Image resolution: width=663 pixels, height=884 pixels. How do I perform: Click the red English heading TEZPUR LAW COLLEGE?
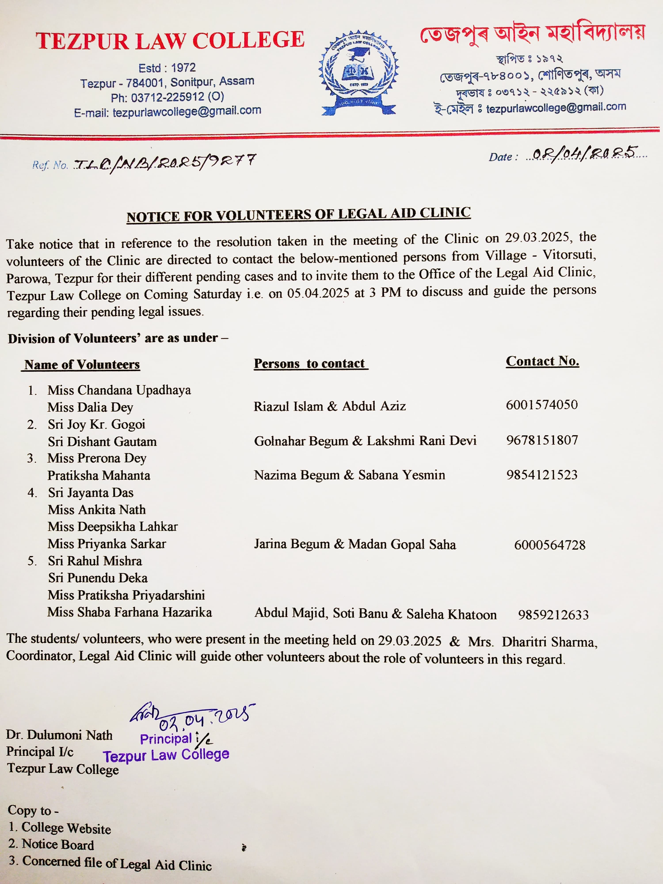point(170,40)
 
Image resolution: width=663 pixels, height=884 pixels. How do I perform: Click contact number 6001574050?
point(541,405)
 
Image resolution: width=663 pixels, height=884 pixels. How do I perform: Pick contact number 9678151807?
point(542,440)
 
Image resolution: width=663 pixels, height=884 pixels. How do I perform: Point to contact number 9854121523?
point(542,475)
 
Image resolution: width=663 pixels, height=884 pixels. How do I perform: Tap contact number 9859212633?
point(553,615)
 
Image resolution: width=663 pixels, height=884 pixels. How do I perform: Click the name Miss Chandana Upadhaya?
point(119,390)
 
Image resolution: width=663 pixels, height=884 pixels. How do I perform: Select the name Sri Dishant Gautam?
point(102,442)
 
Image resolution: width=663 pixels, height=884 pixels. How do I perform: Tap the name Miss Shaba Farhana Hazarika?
point(130,612)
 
